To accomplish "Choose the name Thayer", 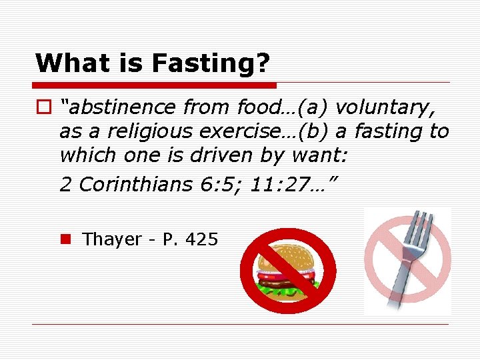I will coord(111,239).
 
